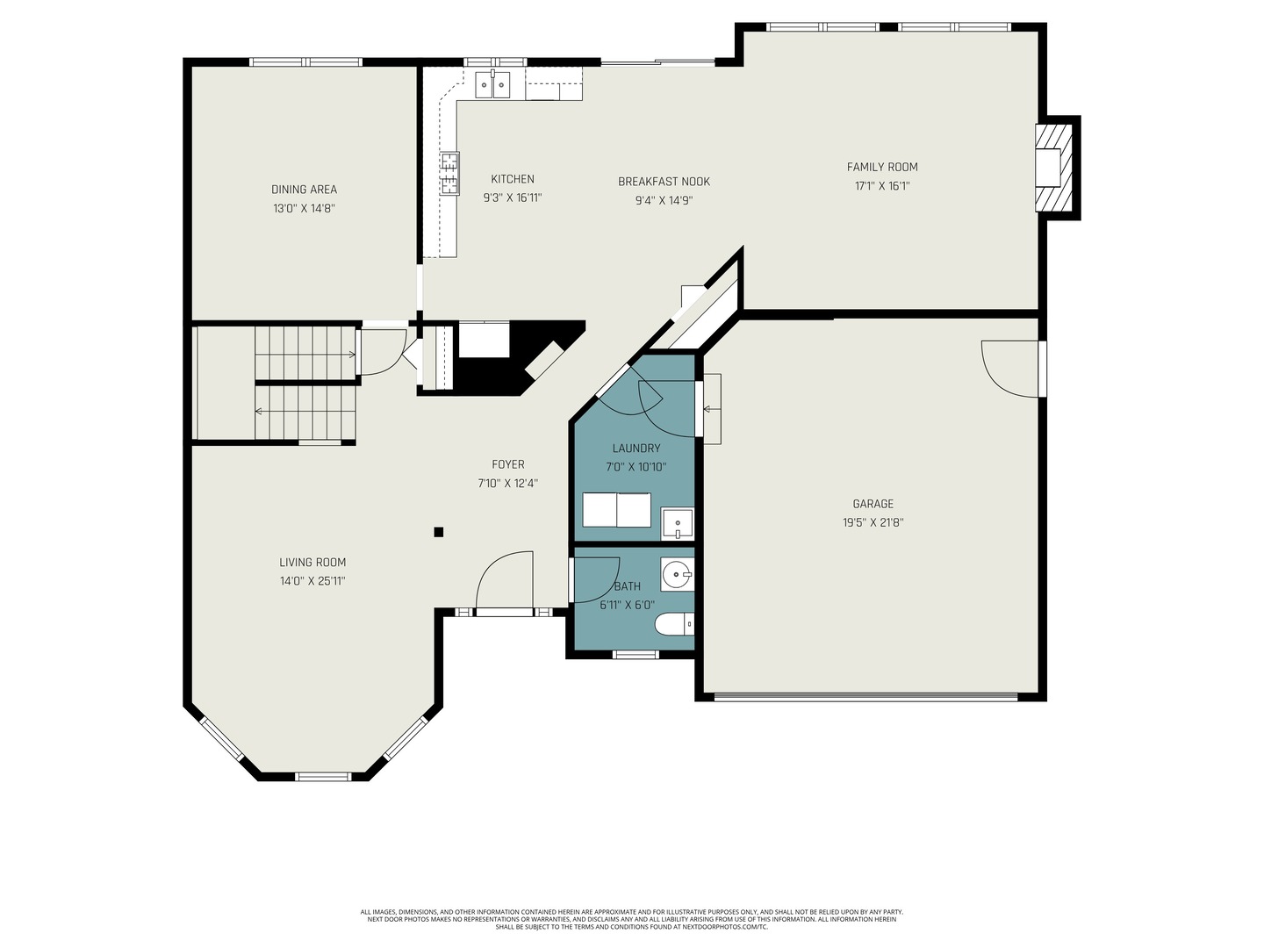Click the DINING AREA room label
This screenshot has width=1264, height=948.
(x=304, y=190)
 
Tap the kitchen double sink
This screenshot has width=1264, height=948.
(x=493, y=85)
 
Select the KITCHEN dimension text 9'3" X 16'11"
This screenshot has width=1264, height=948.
(x=513, y=198)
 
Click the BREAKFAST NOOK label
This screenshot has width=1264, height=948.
(x=664, y=182)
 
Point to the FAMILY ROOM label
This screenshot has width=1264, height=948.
(x=882, y=167)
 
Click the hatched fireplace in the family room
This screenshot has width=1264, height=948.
(x=1054, y=168)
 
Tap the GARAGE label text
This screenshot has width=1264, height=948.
(x=873, y=504)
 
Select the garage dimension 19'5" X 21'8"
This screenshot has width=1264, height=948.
(x=873, y=522)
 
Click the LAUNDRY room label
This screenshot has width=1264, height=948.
(x=636, y=448)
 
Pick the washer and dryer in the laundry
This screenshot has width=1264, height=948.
(x=617, y=510)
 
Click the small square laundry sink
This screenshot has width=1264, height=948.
(x=677, y=523)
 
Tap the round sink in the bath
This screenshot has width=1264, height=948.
(x=677, y=574)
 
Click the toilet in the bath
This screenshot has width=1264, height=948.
(x=675, y=624)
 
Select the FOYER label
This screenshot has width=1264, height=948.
(x=508, y=464)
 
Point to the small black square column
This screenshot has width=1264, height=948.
(x=439, y=533)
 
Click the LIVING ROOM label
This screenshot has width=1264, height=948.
(x=312, y=563)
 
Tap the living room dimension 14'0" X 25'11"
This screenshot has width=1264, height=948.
(x=312, y=581)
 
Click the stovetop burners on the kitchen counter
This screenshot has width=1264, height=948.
(x=449, y=174)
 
